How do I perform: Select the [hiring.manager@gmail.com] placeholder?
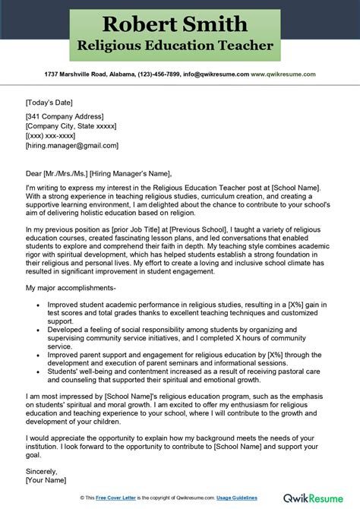click(71, 145)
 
